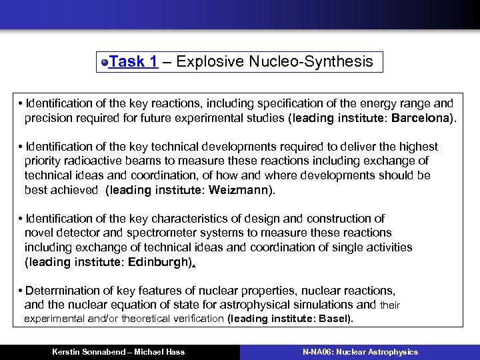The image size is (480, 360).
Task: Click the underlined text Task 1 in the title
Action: pos(133,62)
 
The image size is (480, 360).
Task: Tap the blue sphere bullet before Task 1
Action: pos(105,63)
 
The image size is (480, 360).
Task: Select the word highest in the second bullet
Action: pos(417,147)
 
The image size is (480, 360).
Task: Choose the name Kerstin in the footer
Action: pos(67,352)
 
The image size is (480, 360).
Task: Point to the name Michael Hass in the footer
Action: pos(162,352)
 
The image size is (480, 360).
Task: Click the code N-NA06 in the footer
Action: pos(317,352)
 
